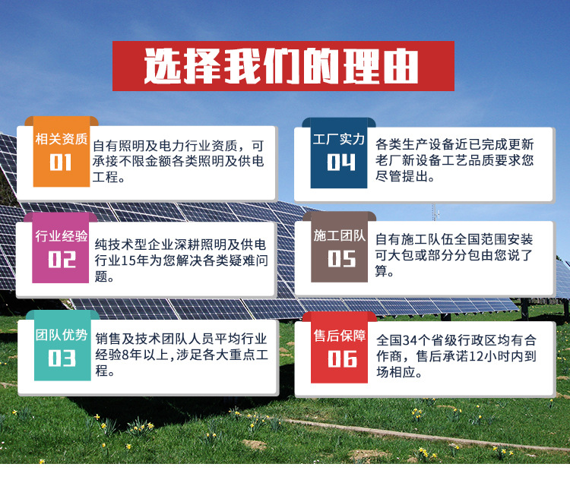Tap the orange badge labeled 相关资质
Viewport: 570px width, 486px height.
[62, 140]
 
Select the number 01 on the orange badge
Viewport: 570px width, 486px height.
[62, 164]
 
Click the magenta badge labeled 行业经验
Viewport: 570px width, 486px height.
[62, 236]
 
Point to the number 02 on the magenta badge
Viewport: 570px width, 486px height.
[62, 259]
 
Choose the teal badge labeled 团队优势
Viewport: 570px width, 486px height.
[62, 335]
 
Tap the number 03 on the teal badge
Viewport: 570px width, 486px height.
[62, 357]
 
